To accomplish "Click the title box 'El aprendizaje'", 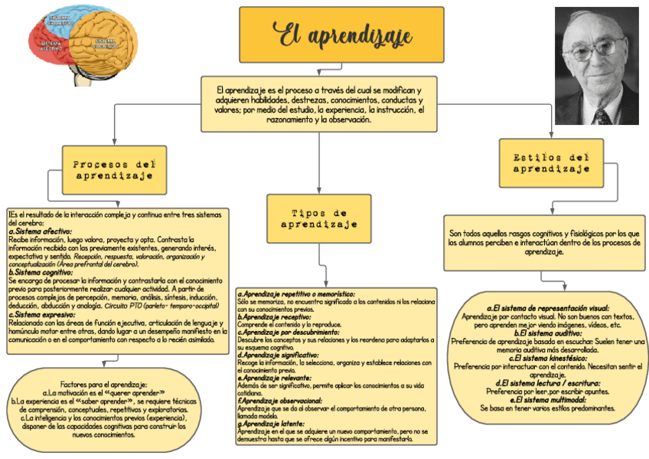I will click(x=341, y=35).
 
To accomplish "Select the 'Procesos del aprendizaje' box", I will click(x=115, y=170).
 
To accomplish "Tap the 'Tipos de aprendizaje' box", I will click(x=318, y=218).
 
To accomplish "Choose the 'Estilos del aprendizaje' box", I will click(x=551, y=162).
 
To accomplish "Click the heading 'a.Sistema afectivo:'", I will click(x=40, y=231).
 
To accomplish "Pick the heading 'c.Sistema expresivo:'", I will click(x=41, y=314).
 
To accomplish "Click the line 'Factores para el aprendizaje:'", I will click(x=103, y=384).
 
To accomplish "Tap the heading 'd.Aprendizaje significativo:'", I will click(x=279, y=356).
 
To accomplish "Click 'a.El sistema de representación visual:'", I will click(x=546, y=308).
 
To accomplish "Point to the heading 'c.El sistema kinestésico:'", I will click(x=546, y=358).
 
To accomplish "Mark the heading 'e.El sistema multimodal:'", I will click(x=546, y=399).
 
